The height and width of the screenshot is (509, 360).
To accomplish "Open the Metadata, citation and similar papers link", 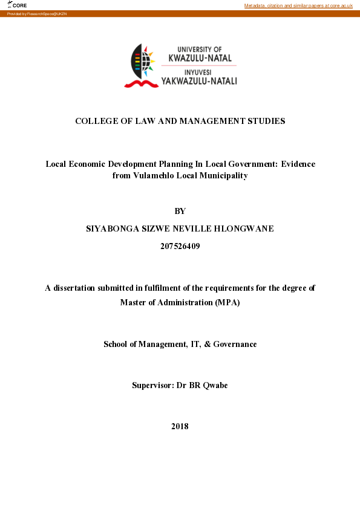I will tap(298, 5).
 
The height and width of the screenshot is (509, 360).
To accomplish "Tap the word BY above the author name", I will tap(180, 211).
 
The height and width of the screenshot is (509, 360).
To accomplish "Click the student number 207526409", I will tap(180, 246).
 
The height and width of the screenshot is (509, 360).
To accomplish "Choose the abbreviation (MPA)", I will tap(227, 302).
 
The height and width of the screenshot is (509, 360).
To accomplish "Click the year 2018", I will tap(180, 426).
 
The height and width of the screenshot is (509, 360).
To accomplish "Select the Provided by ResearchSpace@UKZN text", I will tap(37, 13).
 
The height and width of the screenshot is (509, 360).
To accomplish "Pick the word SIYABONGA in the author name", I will tap(113, 229).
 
